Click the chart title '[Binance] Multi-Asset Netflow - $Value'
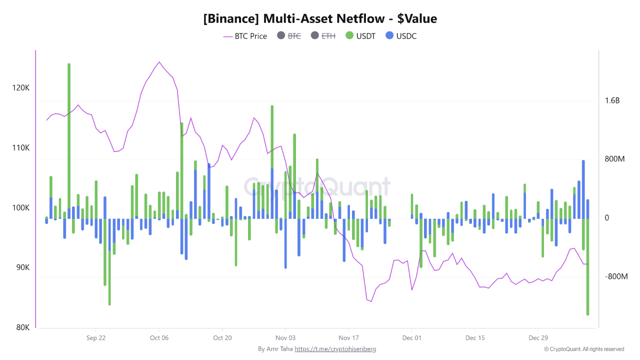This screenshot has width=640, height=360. point(320,19)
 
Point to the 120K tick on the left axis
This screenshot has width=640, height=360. point(20,88)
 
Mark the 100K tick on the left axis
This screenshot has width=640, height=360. point(20,208)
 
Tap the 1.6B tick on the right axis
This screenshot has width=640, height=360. point(612,100)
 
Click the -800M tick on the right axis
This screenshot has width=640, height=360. point(615,276)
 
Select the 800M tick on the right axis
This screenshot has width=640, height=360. point(614,159)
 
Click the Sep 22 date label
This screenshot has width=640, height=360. point(95,338)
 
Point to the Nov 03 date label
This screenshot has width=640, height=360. point(285,338)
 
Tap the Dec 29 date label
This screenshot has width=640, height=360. point(538,338)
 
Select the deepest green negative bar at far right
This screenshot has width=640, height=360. point(587,270)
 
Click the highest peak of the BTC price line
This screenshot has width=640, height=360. point(159,62)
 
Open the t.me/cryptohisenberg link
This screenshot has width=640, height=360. point(335,349)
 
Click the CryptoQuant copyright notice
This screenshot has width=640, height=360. point(584,349)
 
